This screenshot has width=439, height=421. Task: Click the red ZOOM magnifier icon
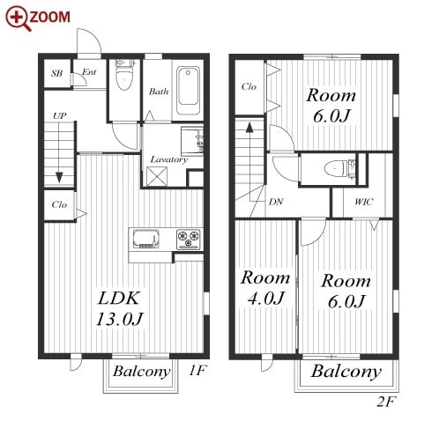click(18, 18)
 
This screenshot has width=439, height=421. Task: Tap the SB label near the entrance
click(56, 73)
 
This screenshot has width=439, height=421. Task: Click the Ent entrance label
click(89, 72)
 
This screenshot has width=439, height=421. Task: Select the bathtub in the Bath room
click(188, 91)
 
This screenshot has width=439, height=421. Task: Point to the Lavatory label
click(169, 159)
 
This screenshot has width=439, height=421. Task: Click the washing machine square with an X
click(157, 176)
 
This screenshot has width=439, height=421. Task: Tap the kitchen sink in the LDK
click(145, 239)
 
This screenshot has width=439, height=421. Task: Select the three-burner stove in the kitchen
click(188, 239)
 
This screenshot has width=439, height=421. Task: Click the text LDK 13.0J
click(120, 308)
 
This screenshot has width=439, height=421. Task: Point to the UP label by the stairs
click(59, 116)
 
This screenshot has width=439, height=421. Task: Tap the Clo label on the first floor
click(59, 204)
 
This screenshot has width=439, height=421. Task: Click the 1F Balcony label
click(141, 372)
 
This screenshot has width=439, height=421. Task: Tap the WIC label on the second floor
click(364, 202)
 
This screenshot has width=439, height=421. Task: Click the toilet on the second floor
click(336, 169)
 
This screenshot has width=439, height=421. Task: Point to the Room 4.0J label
click(265, 288)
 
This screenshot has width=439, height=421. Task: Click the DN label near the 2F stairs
click(276, 202)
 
